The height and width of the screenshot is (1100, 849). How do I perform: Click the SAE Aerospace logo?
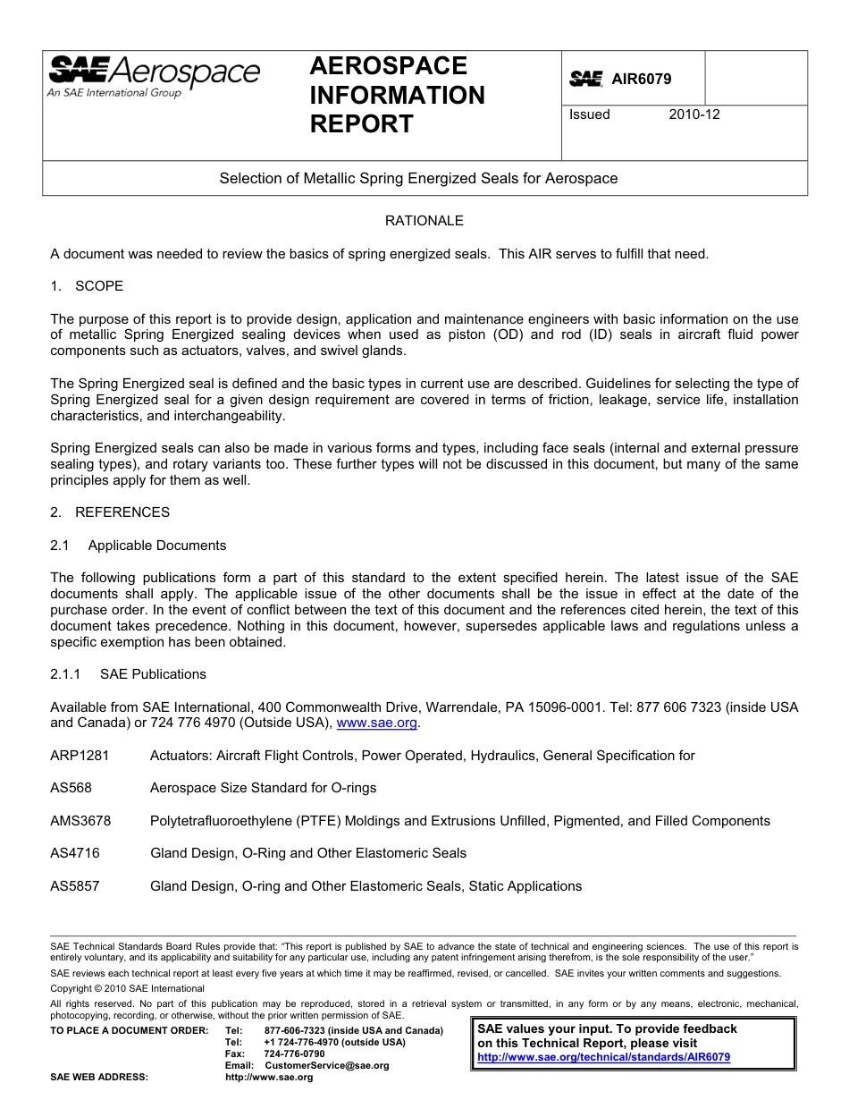point(153,77)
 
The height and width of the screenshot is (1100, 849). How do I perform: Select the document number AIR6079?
point(641,79)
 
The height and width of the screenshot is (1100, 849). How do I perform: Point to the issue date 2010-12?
point(693,114)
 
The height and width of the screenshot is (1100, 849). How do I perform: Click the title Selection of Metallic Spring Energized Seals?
point(418,178)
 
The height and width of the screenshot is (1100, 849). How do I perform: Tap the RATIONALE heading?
point(424,221)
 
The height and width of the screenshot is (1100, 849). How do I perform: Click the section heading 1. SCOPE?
point(87,286)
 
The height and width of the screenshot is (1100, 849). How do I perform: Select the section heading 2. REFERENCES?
point(110,512)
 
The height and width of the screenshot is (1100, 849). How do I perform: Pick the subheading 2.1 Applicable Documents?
point(139,546)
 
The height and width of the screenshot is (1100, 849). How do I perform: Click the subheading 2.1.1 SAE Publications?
point(128,674)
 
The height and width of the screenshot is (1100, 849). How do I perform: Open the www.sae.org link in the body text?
point(376,723)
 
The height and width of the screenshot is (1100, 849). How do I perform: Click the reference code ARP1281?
point(80,756)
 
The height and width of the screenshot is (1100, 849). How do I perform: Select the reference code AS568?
point(71,788)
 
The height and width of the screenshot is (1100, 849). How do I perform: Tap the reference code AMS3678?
point(80,821)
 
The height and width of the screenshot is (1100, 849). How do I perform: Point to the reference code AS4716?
point(75,853)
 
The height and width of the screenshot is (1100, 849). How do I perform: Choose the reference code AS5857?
point(75,886)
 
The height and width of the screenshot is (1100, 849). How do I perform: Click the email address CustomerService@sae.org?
point(327,1065)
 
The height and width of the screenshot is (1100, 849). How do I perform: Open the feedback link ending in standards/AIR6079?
point(603,1057)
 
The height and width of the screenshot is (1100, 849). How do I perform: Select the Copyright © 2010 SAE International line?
point(127,988)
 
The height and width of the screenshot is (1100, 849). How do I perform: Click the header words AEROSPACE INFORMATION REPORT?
point(397,95)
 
